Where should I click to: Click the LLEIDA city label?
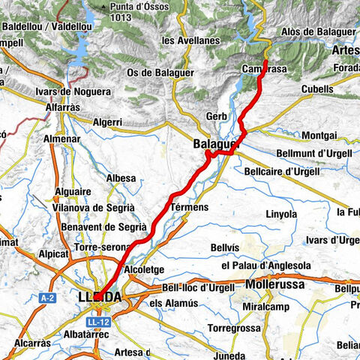(100, 298)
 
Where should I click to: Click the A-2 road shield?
(47, 298)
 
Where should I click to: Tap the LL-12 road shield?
(97, 321)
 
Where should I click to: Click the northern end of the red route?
(267, 60)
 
